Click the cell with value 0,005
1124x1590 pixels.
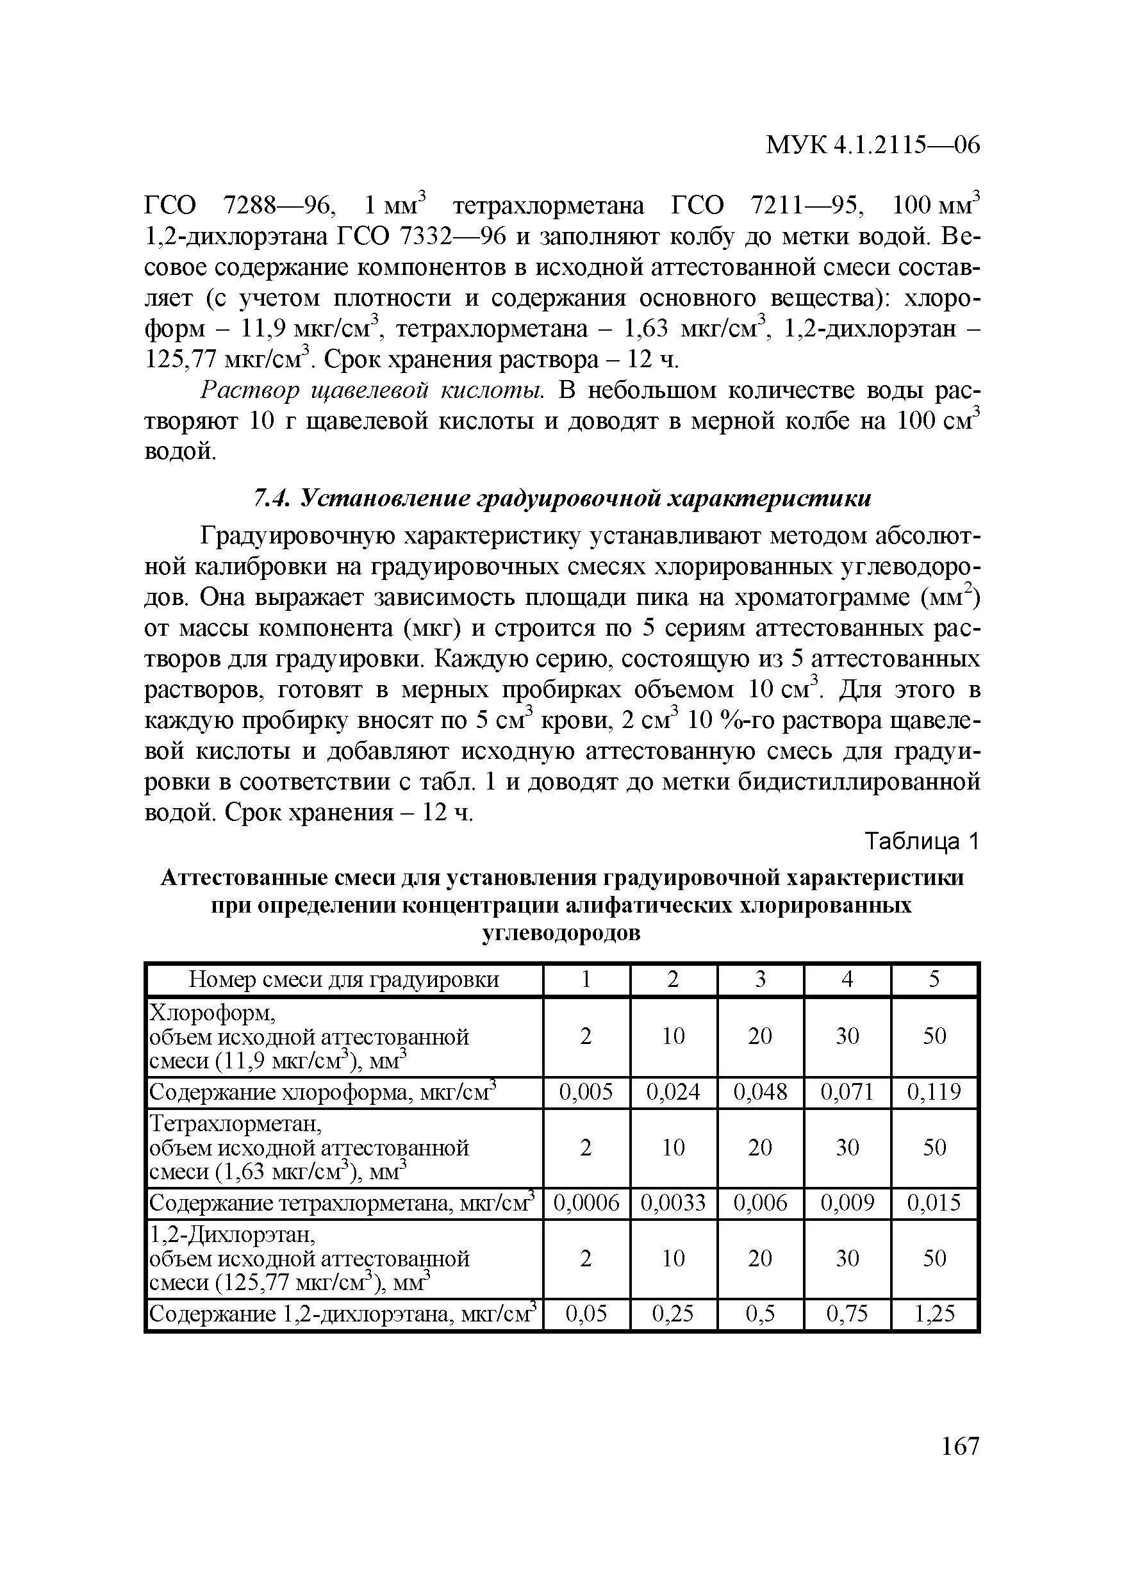[x=586, y=1092]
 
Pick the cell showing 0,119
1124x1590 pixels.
[x=934, y=1092]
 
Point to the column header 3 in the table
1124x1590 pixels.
[x=761, y=979]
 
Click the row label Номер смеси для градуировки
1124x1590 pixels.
[x=344, y=979]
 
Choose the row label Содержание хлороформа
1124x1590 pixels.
[x=324, y=1092]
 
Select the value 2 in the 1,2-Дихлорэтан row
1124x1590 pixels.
[x=586, y=1258]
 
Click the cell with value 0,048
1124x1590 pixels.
[x=761, y=1092]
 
